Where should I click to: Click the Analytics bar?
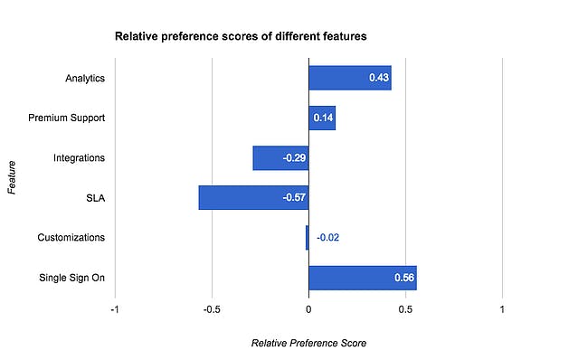pyautogui.click(x=349, y=78)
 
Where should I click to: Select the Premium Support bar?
pyautogui.click(x=322, y=118)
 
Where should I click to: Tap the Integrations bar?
pyautogui.click(x=280, y=157)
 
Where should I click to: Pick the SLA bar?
pyautogui.click(x=253, y=197)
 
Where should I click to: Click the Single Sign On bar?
pyautogui.click(x=362, y=277)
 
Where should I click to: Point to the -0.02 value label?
pyautogui.click(x=327, y=238)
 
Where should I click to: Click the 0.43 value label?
pyautogui.click(x=378, y=79)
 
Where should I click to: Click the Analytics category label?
pyautogui.click(x=85, y=78)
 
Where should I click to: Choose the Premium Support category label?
pyautogui.click(x=67, y=118)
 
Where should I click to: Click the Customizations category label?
pyautogui.click(x=71, y=237)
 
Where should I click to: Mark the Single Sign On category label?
pyautogui.click(x=71, y=277)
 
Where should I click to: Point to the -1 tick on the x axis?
pyautogui.click(x=114, y=308)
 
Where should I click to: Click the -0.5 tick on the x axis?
pyautogui.click(x=212, y=308)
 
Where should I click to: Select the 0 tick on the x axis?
pyautogui.click(x=308, y=308)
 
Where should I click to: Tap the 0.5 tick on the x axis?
pyautogui.click(x=405, y=308)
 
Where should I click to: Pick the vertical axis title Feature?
pyautogui.click(x=12, y=177)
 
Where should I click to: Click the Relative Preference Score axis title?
pyautogui.click(x=308, y=343)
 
